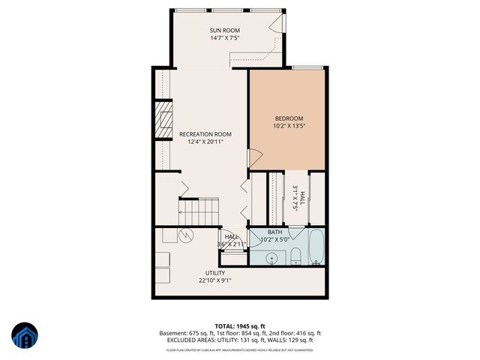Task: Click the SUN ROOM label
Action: coord(223,29)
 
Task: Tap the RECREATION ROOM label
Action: coord(205,133)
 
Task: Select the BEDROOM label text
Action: coord(289,118)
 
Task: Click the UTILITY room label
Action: coord(215,273)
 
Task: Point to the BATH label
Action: coord(274,232)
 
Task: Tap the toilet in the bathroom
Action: coord(295,256)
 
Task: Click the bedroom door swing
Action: coord(255,159)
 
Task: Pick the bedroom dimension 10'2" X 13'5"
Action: coord(289,127)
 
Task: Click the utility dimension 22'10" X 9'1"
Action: coord(215,281)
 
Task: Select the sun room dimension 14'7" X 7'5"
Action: coord(223,37)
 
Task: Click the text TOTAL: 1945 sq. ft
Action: coord(240,325)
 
